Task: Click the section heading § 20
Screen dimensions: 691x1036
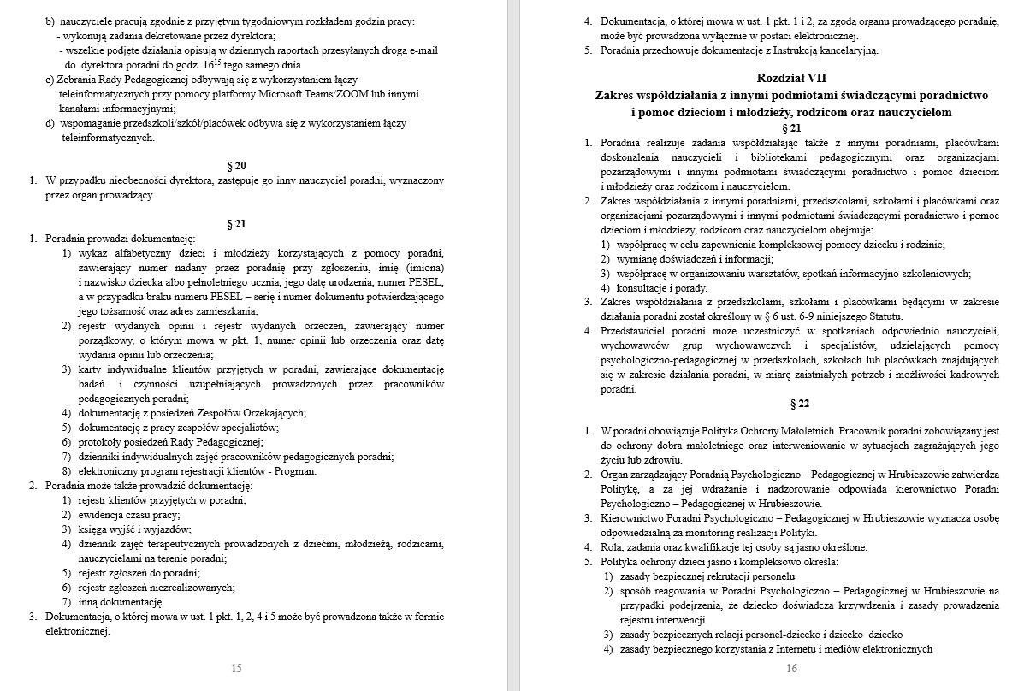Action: [236, 165]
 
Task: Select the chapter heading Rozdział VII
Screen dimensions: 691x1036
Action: [791, 78]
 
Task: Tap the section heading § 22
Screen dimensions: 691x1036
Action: [791, 404]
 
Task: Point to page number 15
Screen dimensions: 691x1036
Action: [236, 669]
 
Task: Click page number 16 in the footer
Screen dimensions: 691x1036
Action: [791, 669]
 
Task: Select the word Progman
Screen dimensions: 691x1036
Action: [298, 471]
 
